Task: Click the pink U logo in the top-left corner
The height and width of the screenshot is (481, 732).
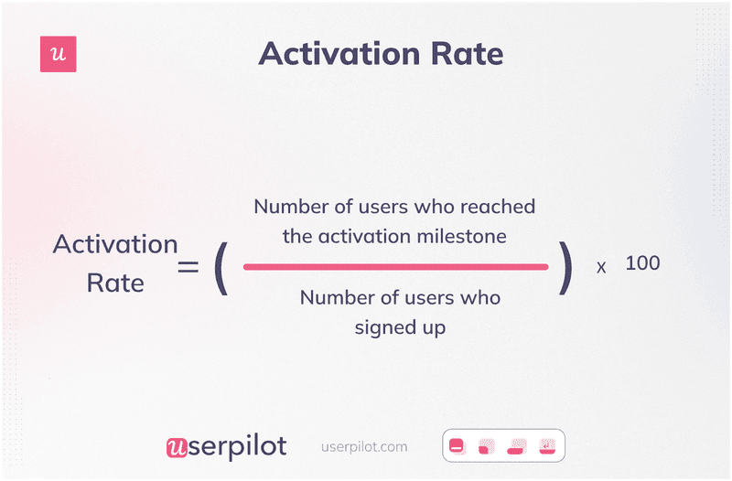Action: click(x=59, y=55)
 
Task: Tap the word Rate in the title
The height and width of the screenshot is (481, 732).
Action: click(x=465, y=54)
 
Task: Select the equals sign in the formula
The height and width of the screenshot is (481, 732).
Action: click(x=188, y=266)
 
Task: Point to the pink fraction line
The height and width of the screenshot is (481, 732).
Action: click(x=395, y=267)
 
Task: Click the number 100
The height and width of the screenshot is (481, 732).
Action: click(x=642, y=263)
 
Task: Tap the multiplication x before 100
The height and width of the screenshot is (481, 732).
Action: click(x=601, y=268)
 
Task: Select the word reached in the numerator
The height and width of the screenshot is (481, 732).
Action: click(x=501, y=206)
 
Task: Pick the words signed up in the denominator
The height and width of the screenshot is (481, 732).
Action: click(x=400, y=326)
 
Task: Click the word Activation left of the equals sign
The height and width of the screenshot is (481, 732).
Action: click(x=115, y=245)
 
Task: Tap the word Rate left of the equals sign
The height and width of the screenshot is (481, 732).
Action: click(x=115, y=283)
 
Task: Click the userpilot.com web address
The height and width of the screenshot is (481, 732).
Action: click(x=365, y=447)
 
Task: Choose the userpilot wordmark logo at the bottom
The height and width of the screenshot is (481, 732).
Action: click(x=226, y=446)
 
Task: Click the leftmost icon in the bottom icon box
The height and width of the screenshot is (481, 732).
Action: click(x=457, y=446)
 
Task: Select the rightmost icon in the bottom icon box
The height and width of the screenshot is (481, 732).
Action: click(x=547, y=446)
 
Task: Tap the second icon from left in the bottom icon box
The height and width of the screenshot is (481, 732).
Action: click(x=487, y=446)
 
